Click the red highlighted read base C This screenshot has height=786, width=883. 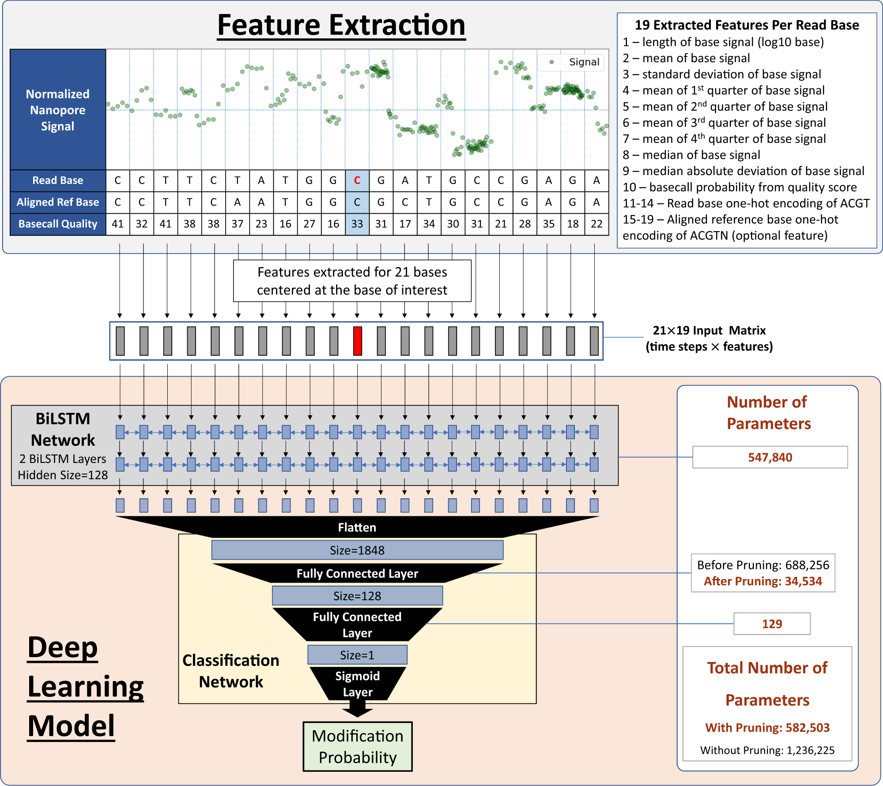point(357,181)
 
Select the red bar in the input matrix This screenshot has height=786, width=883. point(358,341)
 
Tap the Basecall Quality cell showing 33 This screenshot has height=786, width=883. point(357,224)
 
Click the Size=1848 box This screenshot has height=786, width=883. point(357,550)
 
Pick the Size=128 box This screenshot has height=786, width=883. point(357,596)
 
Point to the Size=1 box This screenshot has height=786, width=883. point(357,655)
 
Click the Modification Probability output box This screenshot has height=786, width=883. point(358,747)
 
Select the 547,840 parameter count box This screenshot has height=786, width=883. point(770,457)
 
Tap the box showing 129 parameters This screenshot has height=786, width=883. point(772,624)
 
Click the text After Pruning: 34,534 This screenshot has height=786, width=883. point(763,581)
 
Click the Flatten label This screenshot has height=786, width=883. point(357,527)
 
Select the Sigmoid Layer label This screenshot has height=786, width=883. point(358,684)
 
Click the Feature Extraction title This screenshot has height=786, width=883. point(341,25)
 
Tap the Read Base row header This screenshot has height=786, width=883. point(58,181)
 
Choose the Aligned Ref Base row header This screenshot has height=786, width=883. point(58,202)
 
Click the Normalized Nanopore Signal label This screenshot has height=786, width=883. point(58,110)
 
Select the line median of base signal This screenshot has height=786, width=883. point(701,155)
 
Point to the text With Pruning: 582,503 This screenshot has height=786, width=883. point(767,728)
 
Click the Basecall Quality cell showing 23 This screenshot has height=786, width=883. point(261,224)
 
